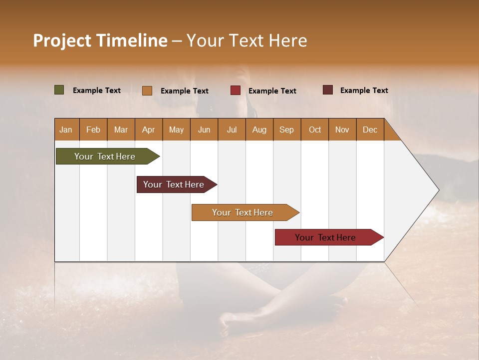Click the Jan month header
pyautogui.click(x=66, y=129)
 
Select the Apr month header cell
pyautogui.click(x=149, y=129)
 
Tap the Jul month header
pyautogui.click(x=232, y=129)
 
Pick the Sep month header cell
pyautogui.click(x=287, y=129)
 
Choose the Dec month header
pyautogui.click(x=370, y=129)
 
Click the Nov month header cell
pyautogui.click(x=342, y=129)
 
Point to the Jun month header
pyautogui.click(x=204, y=129)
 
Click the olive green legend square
pyautogui.click(x=59, y=90)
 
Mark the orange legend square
pyautogui.click(x=147, y=90)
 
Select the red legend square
pyautogui.click(x=236, y=90)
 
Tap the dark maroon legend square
pyautogui.click(x=328, y=90)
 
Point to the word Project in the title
pyautogui.click(x=62, y=40)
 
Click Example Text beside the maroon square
pyautogui.click(x=364, y=90)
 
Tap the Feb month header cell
pyautogui.click(x=93, y=129)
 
